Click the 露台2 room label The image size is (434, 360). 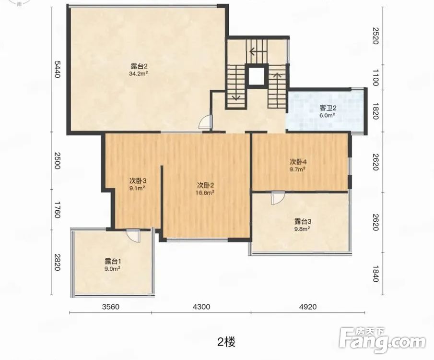(x=139, y=67)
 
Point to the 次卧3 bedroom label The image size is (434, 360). (x=138, y=181)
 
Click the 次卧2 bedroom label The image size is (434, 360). (x=205, y=185)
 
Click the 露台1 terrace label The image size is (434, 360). (x=112, y=261)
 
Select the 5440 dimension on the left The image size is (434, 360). (x=57, y=69)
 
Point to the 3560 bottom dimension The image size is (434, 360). (x=111, y=307)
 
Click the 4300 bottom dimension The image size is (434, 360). (x=201, y=307)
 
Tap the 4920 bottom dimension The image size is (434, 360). (x=308, y=307)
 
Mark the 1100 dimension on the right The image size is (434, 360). (x=375, y=78)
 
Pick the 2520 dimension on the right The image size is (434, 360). (x=375, y=36)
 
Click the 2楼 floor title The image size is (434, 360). (x=226, y=342)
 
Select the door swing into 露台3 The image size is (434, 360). (x=278, y=198)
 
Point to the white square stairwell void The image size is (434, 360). (x=257, y=76)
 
